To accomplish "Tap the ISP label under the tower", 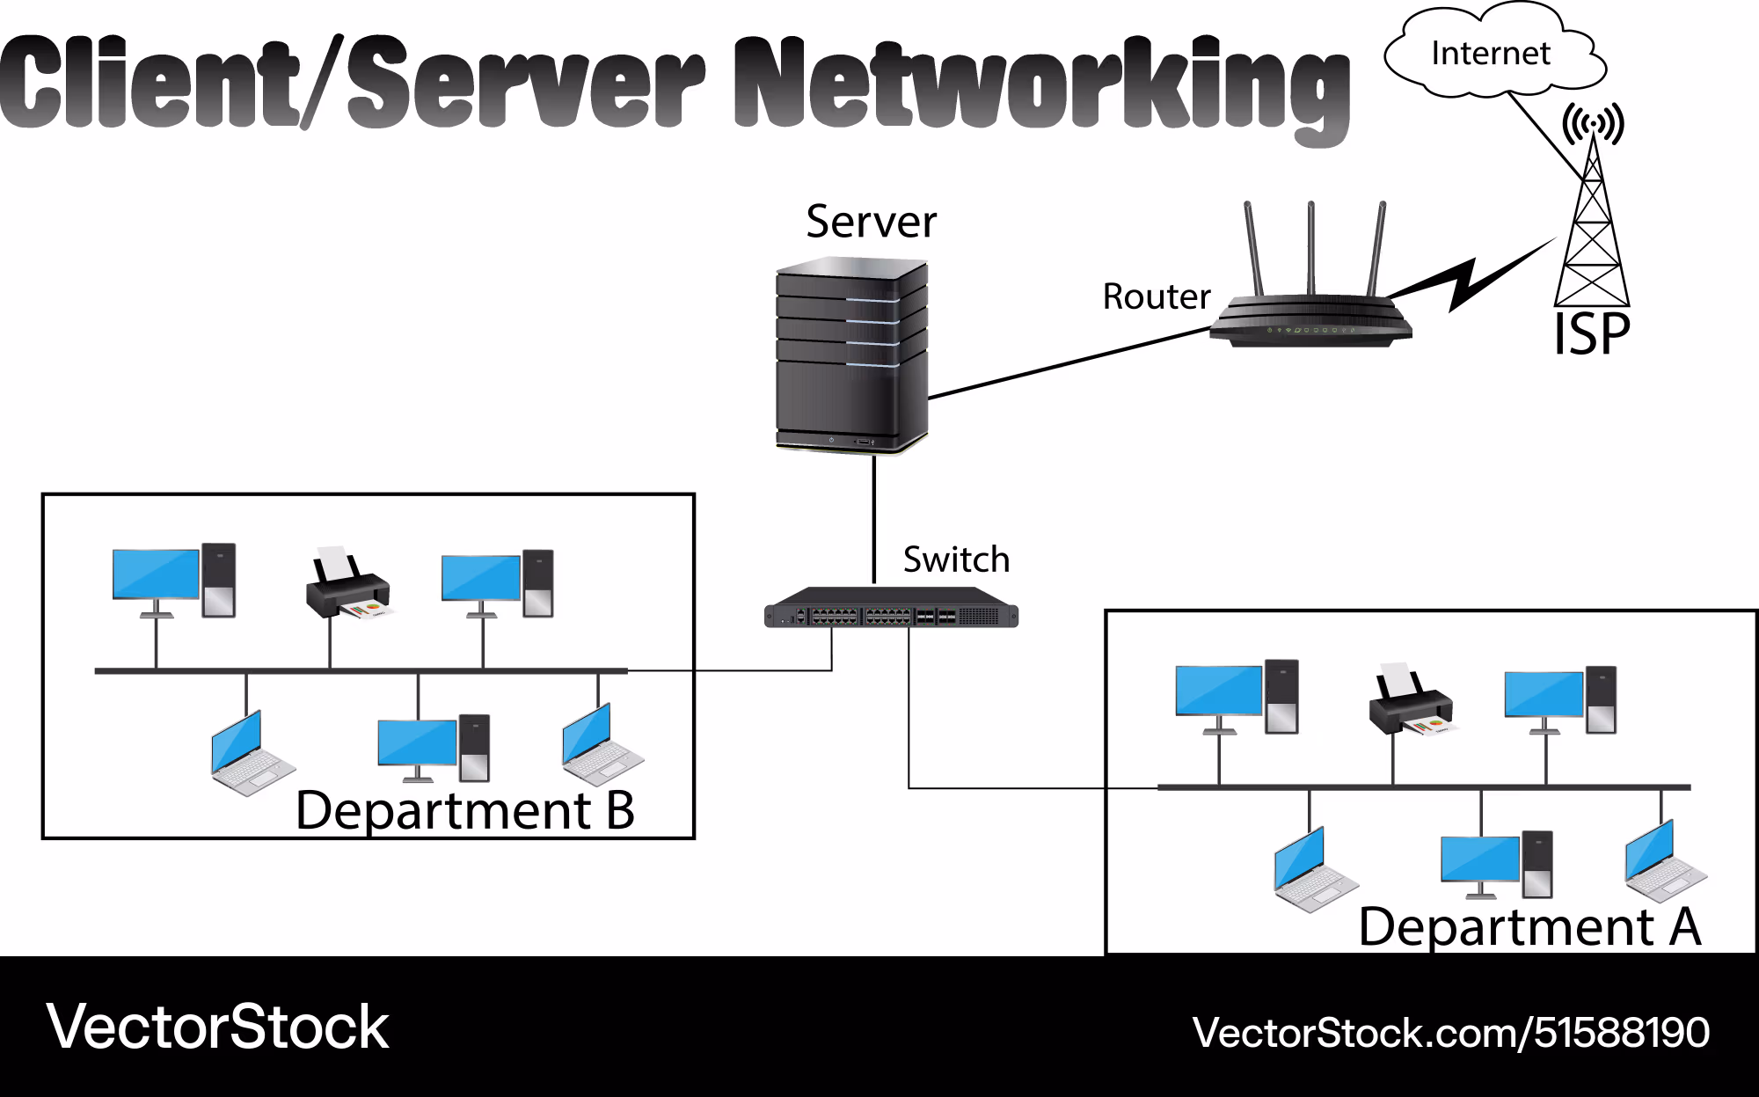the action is click(x=1592, y=334).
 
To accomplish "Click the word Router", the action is click(x=1157, y=296).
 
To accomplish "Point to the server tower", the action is click(x=851, y=355).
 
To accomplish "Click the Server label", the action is click(x=871, y=221).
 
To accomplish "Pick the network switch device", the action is click(x=891, y=608).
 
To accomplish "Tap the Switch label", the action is click(x=956, y=559).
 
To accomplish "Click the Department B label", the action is click(x=465, y=810).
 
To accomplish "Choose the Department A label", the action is click(x=1530, y=926).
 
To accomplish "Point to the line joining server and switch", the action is click(x=874, y=519).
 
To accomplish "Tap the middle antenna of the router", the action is click(x=1310, y=249).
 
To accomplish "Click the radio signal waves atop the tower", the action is click(x=1593, y=123).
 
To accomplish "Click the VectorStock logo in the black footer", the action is click(x=217, y=1027).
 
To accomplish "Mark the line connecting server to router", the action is click(x=1069, y=363).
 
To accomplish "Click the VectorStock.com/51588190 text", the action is click(x=1451, y=1033).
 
